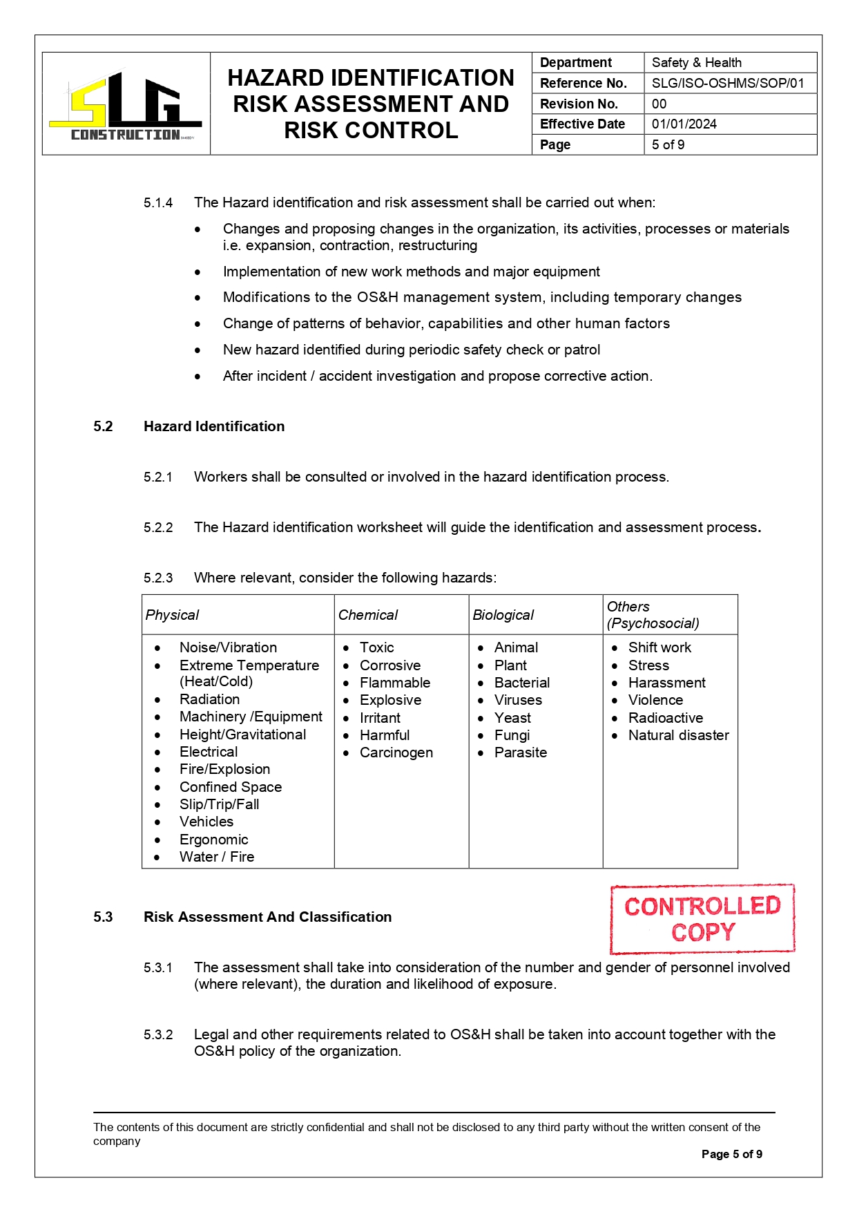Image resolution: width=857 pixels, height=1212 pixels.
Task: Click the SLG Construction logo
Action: click(126, 105)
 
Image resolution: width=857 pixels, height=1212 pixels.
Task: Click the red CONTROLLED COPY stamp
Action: click(702, 918)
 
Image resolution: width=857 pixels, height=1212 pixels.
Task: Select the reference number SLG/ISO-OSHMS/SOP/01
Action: click(728, 84)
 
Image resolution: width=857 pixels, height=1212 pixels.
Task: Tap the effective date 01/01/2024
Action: click(684, 124)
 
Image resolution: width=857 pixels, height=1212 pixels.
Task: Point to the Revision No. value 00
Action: click(659, 104)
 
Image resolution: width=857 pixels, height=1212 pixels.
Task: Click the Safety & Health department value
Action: click(696, 63)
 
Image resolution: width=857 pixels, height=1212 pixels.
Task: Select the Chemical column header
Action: click(368, 615)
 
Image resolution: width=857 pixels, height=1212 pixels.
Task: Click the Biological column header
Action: click(503, 615)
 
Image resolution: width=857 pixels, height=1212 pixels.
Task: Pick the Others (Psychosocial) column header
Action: click(653, 615)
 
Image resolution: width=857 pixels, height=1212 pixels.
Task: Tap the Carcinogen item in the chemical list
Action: click(396, 752)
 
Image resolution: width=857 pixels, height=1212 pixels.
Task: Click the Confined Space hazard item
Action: click(230, 787)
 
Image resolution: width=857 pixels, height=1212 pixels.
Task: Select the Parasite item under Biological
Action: click(520, 752)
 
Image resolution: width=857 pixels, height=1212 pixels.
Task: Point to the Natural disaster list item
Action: click(678, 735)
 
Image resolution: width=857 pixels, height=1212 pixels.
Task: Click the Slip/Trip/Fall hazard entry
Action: click(219, 804)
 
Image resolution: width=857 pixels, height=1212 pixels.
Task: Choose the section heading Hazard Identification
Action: click(214, 426)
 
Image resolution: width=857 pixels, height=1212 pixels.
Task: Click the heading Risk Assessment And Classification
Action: click(267, 917)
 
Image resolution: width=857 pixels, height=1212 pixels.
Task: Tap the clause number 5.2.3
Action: click(158, 578)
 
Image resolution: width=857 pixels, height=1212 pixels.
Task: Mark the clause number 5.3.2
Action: click(158, 1034)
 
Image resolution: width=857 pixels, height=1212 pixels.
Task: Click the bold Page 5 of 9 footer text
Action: click(731, 1154)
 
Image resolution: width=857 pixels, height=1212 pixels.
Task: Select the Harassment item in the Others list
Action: click(666, 683)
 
